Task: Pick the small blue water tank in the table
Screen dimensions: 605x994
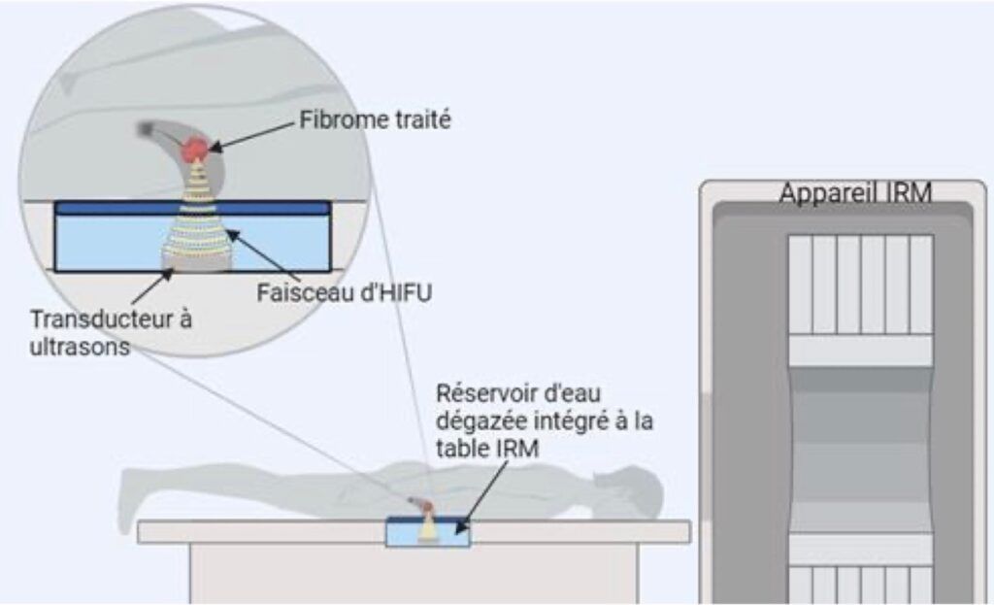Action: (x=428, y=532)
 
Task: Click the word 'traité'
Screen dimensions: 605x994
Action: (x=428, y=121)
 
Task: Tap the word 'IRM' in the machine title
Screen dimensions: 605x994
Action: (x=907, y=193)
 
